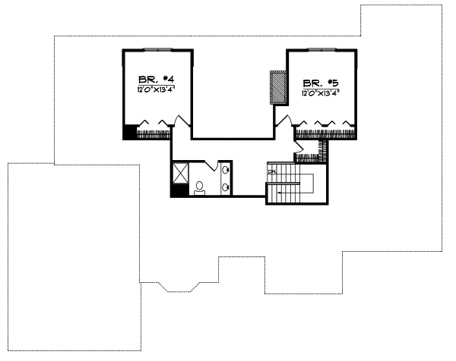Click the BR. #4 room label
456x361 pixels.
tap(157, 79)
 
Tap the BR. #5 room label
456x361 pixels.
tap(321, 83)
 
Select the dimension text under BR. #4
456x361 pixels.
tap(157, 90)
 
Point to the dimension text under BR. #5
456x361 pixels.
tap(320, 94)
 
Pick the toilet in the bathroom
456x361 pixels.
tap(199, 187)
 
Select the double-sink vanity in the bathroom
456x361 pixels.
tap(226, 179)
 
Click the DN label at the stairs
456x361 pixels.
tap(271, 173)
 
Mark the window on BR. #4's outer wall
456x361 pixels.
tap(158, 50)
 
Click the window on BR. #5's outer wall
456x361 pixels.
tap(321, 50)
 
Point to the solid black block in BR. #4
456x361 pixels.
tap(129, 130)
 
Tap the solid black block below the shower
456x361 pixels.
tap(178, 191)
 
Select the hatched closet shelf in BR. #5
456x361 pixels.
tap(326, 134)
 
